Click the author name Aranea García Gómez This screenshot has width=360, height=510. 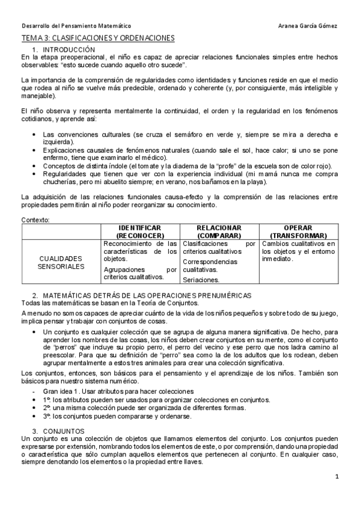pos(309,26)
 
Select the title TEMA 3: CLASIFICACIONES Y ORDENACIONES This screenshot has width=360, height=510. pos(97,38)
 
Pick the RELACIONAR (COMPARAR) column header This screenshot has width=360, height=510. pos(219,232)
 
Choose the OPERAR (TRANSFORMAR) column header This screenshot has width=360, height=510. pos(298,232)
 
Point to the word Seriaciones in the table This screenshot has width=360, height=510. pos(201,280)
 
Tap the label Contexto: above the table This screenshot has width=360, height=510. pos(35,221)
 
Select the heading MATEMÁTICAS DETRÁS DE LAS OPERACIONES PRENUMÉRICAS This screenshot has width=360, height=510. pos(146,295)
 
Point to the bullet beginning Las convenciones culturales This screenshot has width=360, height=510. pos(189,137)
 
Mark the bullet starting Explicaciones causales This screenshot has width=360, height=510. pos(189,153)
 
